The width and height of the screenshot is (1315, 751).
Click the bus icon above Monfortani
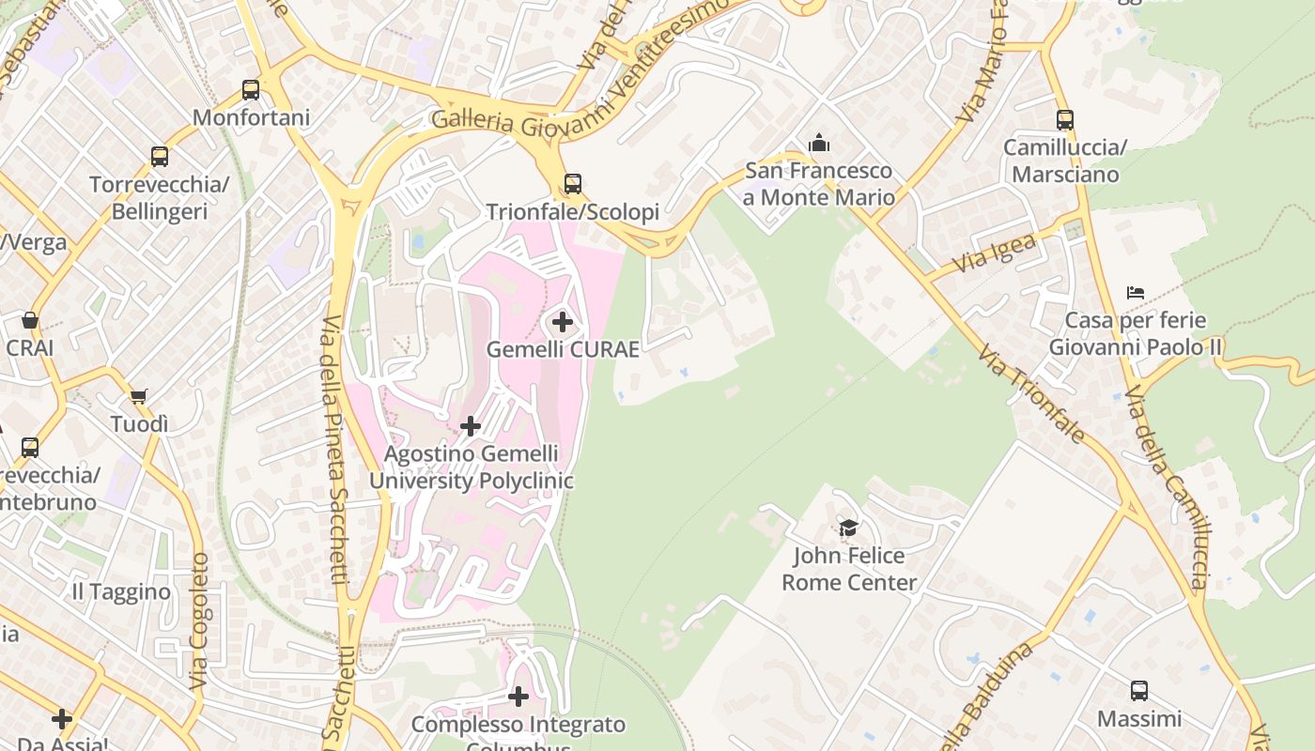coord(251,90)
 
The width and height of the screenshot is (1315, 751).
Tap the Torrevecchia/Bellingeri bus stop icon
coord(160,157)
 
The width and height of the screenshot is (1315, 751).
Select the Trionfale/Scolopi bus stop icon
coord(573,183)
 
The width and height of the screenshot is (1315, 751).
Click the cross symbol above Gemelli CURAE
coord(563,323)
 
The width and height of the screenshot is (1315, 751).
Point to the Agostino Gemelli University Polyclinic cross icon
coord(471,427)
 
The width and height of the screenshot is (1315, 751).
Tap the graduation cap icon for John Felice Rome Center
coord(849,529)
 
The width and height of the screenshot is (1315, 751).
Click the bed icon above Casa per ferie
coord(1136,293)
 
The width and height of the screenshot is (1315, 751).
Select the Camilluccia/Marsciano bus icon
coord(1064,120)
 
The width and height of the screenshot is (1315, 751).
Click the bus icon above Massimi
coord(1139,691)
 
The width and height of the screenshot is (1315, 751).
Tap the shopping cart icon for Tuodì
coord(139,397)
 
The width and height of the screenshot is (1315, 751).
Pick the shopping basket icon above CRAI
coord(30,320)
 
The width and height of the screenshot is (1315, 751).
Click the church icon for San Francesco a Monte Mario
coord(819,143)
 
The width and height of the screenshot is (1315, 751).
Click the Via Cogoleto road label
coord(199,620)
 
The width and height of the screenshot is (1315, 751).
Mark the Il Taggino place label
coord(122,592)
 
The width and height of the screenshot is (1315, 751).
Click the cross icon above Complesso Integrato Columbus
coord(518,697)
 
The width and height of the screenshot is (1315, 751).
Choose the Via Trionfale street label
coord(1031,394)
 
